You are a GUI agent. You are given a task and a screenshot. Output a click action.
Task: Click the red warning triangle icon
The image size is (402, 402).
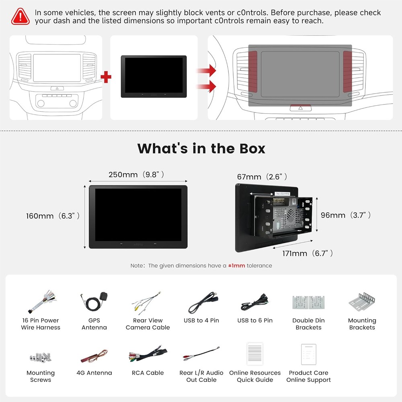point(20,16)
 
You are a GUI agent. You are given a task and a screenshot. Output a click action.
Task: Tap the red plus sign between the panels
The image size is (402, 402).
point(106,77)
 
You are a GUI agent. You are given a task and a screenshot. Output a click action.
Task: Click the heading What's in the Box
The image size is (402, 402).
point(201,148)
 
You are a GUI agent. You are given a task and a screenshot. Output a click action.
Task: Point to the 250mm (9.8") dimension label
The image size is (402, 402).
point(136,174)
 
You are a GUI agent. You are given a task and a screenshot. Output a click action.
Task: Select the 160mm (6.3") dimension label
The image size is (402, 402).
point(53,216)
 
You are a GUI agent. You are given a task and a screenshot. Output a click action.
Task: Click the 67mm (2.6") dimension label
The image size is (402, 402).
point(262,176)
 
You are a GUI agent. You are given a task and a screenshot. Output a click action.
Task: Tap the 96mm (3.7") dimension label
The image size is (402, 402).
point(346,215)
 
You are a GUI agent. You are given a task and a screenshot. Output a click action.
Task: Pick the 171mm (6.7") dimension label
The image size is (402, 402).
point(308,253)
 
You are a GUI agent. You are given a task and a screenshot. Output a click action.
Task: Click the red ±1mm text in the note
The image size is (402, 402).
point(237,266)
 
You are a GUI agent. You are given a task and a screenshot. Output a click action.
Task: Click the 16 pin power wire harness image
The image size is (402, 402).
point(42,302)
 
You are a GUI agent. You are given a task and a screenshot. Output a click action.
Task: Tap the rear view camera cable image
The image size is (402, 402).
point(147,303)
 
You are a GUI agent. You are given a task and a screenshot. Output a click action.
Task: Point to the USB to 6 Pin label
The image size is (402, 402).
point(255,320)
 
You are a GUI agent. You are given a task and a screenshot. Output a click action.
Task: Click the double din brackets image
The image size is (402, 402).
point(308,302)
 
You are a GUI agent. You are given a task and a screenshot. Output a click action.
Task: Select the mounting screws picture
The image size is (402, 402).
point(41,357)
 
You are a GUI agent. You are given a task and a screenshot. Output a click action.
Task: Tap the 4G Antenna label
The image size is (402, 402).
point(94,373)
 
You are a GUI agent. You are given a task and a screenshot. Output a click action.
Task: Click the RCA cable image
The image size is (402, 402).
point(148,354)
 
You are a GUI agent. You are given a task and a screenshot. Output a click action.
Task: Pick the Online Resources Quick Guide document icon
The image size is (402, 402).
point(255,354)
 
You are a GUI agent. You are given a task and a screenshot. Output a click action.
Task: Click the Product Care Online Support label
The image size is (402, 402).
point(308,376)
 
